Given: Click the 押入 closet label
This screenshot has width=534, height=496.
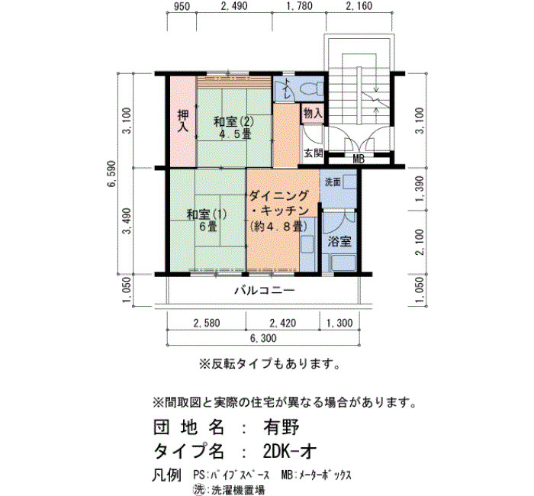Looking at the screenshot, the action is (x=183, y=121).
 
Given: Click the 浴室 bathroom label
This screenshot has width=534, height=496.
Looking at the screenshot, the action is (x=339, y=242).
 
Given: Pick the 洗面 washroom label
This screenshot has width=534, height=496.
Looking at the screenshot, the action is (x=333, y=182).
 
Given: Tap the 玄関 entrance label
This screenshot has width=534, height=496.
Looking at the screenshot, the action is (x=313, y=153).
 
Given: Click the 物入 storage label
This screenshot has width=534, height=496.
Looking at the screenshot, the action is (x=312, y=113).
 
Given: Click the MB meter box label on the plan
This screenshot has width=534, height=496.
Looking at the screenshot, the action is (x=359, y=159).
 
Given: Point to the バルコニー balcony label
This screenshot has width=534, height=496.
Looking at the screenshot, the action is (x=265, y=290).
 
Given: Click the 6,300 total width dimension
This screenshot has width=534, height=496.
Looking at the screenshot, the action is (x=263, y=338).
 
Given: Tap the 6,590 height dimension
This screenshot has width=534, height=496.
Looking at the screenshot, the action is (x=111, y=174).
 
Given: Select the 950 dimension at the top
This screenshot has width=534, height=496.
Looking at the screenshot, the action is (x=182, y=6).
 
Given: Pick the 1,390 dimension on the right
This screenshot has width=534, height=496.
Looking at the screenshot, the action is (x=420, y=188).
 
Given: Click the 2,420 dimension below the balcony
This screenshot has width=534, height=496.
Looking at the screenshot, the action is (x=283, y=323).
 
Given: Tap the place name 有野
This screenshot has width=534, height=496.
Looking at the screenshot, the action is (x=281, y=427).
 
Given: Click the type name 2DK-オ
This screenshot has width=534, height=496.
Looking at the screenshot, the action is (x=290, y=452).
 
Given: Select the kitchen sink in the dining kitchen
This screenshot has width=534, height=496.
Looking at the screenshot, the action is (x=308, y=244).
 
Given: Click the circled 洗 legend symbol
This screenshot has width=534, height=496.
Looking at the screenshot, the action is (x=198, y=490).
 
